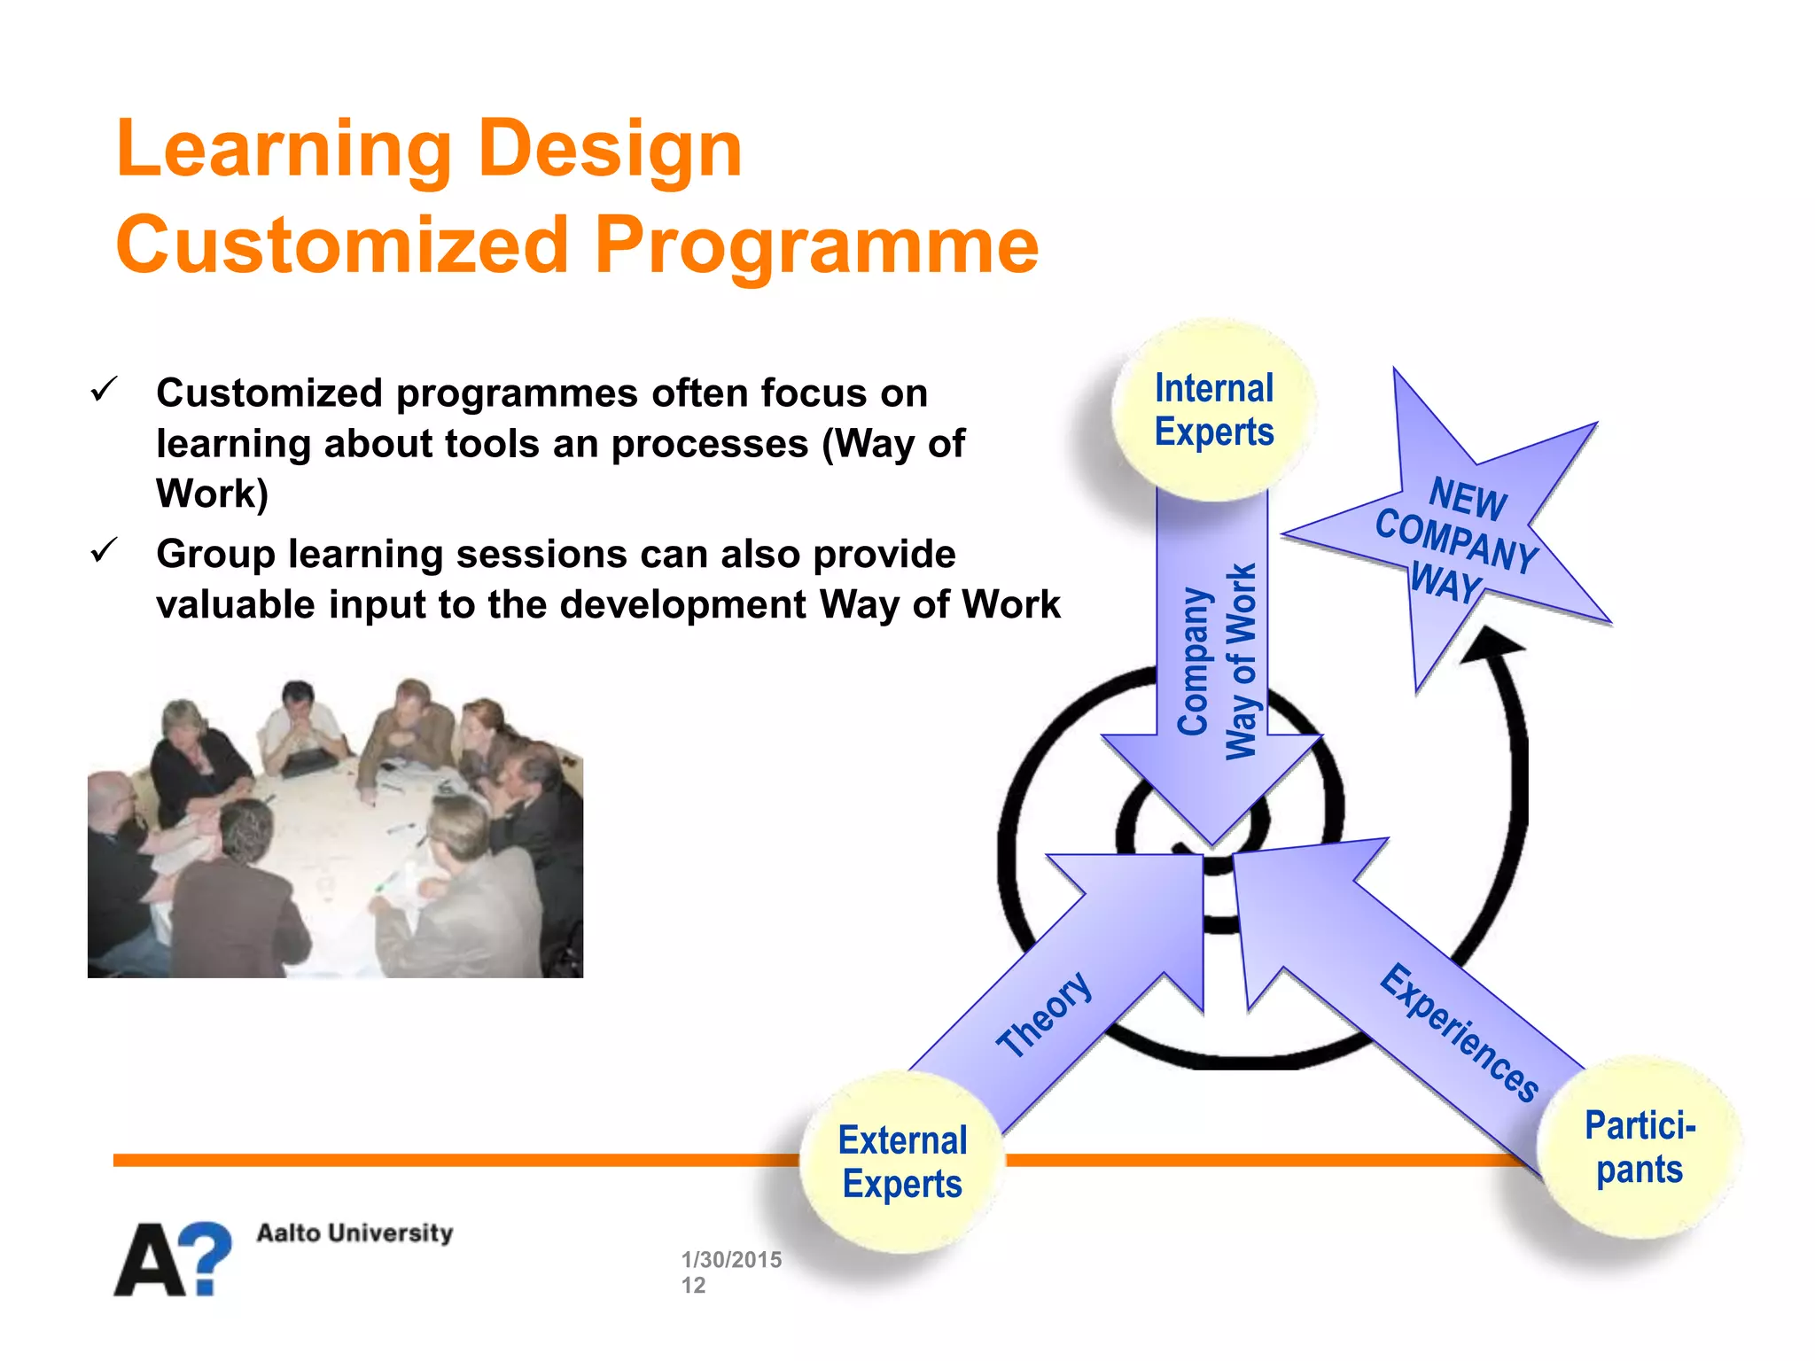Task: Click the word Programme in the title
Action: point(815,246)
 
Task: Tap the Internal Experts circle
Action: point(1213,410)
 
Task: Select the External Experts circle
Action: point(902,1162)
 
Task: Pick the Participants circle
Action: point(1640,1147)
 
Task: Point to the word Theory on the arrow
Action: point(1044,1015)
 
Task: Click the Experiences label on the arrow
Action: point(1459,1033)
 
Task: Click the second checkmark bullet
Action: point(104,550)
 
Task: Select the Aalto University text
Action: point(354,1233)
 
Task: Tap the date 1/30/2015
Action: point(731,1259)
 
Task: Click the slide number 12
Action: point(693,1286)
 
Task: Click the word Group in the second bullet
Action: point(215,555)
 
